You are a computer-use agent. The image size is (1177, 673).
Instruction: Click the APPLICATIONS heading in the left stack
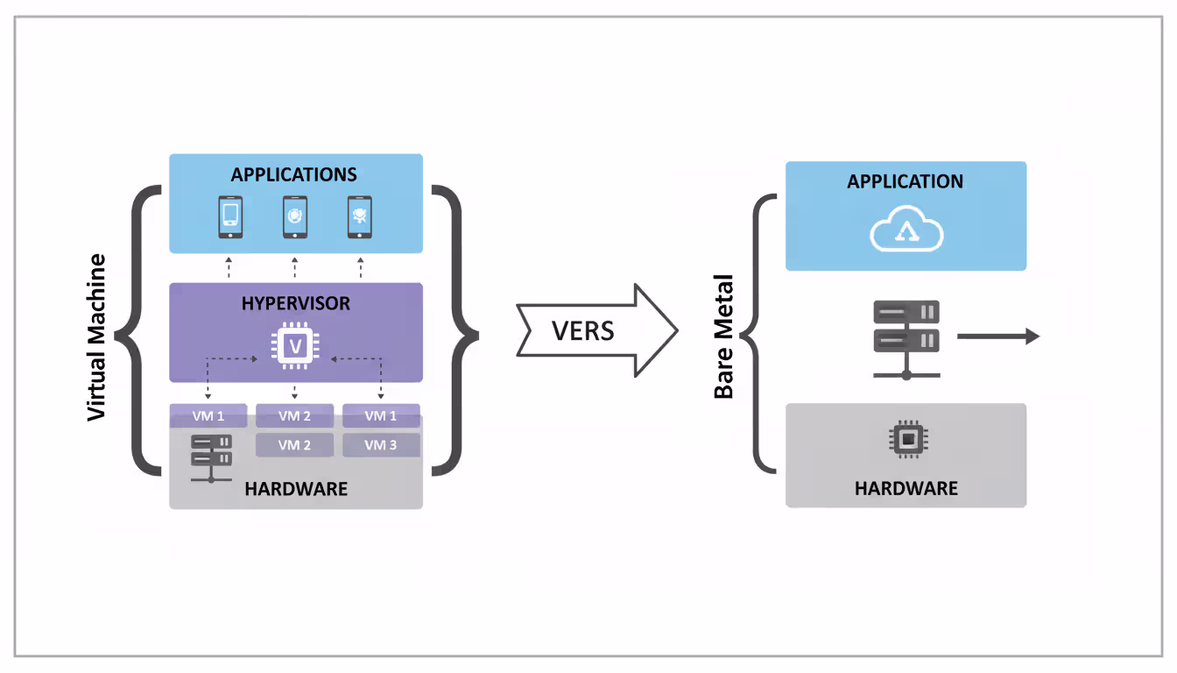[x=294, y=174]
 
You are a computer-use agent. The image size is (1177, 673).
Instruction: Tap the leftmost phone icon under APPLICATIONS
[x=229, y=217]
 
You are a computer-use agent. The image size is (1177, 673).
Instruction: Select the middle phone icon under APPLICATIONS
[x=295, y=217]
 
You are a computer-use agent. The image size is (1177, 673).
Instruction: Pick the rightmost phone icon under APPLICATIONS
[x=360, y=217]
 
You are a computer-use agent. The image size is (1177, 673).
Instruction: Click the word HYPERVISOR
[x=295, y=303]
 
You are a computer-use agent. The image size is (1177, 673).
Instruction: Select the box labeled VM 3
[x=381, y=445]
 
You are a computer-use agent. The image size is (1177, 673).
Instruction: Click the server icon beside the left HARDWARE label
[x=211, y=457]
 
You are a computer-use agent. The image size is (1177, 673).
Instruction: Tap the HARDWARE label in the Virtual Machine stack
[x=296, y=489]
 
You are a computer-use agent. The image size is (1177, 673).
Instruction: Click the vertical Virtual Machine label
[x=96, y=336]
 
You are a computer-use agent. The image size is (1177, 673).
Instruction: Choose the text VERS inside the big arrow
[x=582, y=330]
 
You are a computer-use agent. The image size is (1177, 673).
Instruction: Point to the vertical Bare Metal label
[x=723, y=336]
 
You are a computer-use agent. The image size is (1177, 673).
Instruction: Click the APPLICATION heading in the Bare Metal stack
[x=905, y=181]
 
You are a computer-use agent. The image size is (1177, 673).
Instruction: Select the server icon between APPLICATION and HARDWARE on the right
[x=906, y=338]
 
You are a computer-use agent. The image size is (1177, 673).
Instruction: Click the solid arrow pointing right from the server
[x=997, y=336]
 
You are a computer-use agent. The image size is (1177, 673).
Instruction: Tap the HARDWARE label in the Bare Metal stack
[x=906, y=488]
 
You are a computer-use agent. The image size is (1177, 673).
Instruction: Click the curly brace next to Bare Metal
[x=757, y=334]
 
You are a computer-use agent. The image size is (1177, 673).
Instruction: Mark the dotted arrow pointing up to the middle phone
[x=294, y=268]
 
